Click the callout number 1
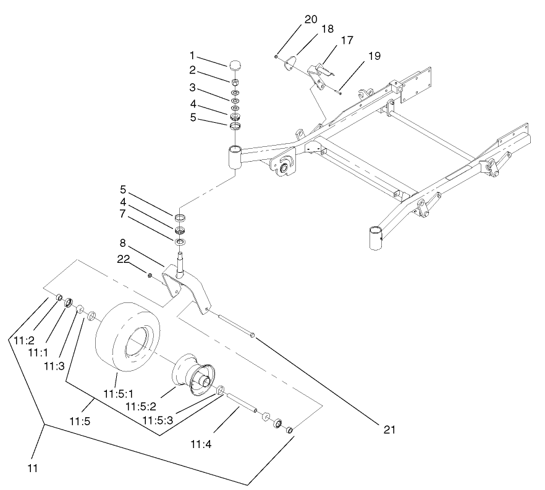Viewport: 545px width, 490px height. pos(192,56)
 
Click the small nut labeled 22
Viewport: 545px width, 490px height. pos(151,273)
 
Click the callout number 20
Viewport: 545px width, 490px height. pos(310,20)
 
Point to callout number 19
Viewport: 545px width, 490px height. pos(374,56)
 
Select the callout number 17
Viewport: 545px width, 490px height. pos(347,41)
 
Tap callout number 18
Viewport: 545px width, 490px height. pos(327,29)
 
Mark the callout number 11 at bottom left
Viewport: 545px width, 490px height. pos(33,468)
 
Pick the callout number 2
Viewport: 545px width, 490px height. pos(192,70)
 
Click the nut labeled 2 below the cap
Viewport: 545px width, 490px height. pos(235,81)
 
